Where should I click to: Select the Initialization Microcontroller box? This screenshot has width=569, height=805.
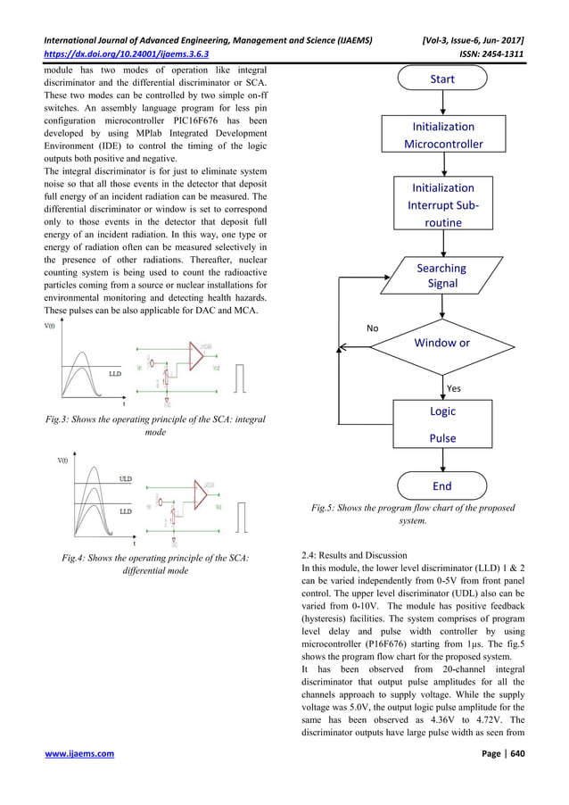point(442,136)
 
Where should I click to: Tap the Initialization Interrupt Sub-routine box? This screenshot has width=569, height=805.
point(442,205)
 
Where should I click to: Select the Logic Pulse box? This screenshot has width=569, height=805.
point(442,424)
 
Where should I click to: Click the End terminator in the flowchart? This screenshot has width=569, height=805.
point(442,485)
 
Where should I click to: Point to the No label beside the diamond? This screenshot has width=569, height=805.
point(373,328)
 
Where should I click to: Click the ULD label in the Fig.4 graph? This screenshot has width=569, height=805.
point(126,479)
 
